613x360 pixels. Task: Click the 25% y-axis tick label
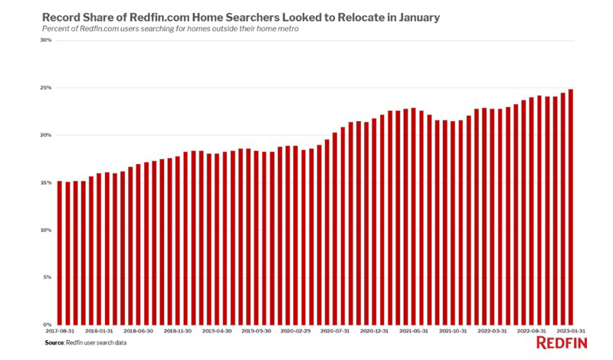click(46, 88)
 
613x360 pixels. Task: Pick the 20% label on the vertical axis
click(46, 136)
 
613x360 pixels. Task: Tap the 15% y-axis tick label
click(46, 183)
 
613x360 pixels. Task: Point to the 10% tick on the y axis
click(46, 231)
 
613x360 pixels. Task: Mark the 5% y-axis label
click(48, 278)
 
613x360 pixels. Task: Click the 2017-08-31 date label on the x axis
click(60, 332)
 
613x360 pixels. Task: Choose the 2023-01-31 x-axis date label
click(572, 332)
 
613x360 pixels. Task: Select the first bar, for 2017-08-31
click(60, 253)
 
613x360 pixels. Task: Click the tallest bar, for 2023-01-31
click(571, 207)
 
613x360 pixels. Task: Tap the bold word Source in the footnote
click(54, 344)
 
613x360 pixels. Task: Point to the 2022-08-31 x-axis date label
click(532, 332)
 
